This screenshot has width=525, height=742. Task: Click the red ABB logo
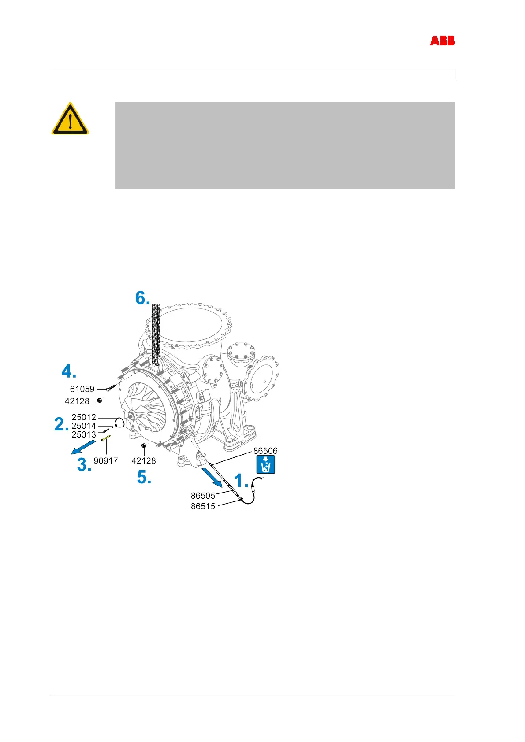(442, 41)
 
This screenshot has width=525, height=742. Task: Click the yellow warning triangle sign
(70, 119)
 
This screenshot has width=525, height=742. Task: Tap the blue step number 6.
(143, 298)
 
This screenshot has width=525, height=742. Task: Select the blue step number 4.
(68, 372)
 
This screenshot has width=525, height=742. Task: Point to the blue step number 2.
(61, 425)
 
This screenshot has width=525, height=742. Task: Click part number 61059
(82, 389)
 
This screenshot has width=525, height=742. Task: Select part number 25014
(84, 426)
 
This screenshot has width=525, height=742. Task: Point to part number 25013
(84, 434)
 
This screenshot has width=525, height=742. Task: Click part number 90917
(105, 461)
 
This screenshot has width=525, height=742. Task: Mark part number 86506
(265, 451)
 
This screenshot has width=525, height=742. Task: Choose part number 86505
(203, 496)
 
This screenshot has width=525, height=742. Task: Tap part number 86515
(203, 506)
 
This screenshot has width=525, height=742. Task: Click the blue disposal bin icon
(266, 465)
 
